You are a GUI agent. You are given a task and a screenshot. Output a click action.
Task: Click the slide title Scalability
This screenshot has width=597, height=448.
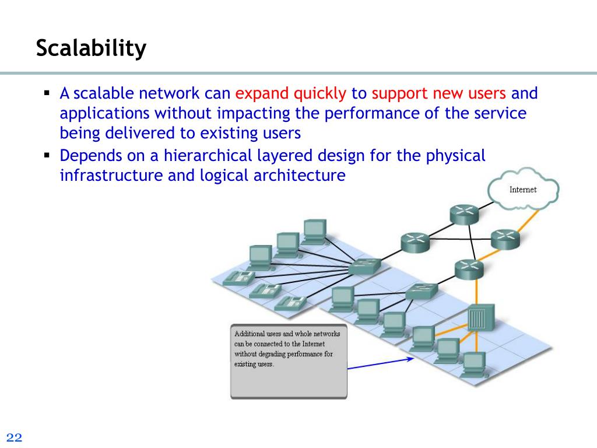point(91,48)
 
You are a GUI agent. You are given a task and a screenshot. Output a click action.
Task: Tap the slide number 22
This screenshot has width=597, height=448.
point(14,438)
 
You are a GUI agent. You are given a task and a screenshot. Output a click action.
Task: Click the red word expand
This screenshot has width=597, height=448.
point(262,93)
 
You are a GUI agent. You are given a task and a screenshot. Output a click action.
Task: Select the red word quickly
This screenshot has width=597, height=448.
point(320,93)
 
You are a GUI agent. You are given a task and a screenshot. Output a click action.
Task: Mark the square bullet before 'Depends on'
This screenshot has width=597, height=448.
point(47,156)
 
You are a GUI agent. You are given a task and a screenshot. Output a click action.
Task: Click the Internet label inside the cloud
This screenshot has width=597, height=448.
point(522,190)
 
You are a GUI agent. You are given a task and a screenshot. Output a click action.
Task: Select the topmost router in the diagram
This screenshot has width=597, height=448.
point(464,214)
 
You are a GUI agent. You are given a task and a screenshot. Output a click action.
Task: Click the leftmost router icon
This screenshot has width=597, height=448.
point(415,241)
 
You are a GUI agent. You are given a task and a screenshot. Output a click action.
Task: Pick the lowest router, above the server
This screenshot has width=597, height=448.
point(469,268)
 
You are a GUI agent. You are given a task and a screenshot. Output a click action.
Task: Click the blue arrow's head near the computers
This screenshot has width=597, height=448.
point(411,359)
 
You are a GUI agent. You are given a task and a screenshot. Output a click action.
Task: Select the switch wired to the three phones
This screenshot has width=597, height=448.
point(365,267)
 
